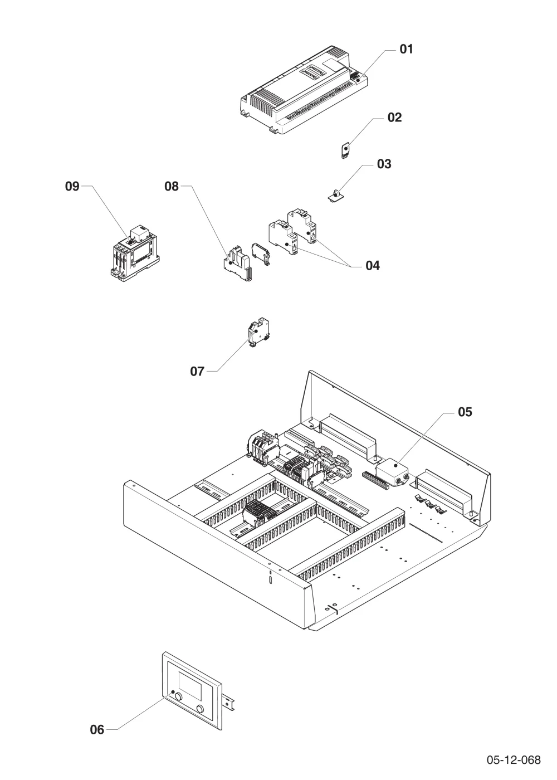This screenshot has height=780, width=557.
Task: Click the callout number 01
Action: tap(406, 49)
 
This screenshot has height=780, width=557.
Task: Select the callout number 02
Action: tap(394, 118)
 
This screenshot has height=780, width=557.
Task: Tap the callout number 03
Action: tap(384, 164)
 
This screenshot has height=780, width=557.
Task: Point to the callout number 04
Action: tap(373, 266)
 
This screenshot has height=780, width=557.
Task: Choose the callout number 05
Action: tap(465, 412)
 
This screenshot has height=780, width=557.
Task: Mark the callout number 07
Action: tap(197, 372)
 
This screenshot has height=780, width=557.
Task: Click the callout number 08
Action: tap(172, 186)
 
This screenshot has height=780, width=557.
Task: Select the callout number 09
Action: tap(72, 186)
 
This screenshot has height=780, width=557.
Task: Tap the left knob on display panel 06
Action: tap(178, 696)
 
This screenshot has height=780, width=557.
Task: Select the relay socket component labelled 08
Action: tap(238, 264)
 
